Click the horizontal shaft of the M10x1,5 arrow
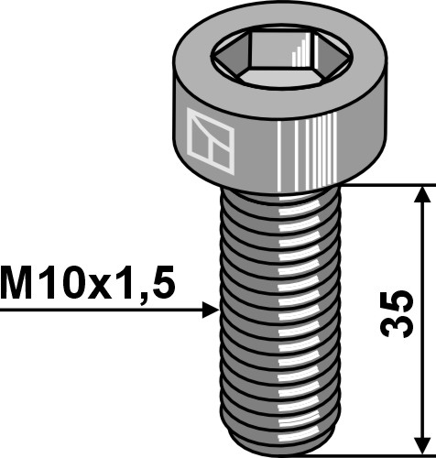coord(92,312)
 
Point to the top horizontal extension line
coord(385,185)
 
